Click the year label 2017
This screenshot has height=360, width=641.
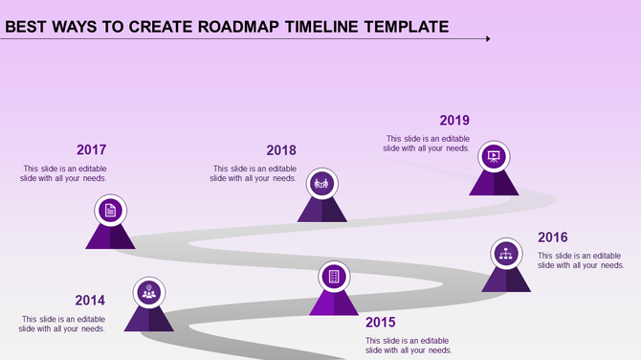(x=91, y=149)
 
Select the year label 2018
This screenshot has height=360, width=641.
(x=281, y=150)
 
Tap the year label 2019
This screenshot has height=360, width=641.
(x=454, y=121)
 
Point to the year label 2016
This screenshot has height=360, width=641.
(x=552, y=237)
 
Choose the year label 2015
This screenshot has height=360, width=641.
(x=380, y=322)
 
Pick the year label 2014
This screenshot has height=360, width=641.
(x=90, y=300)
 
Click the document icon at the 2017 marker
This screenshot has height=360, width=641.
(x=110, y=210)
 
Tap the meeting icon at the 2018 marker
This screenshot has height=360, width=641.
(x=320, y=182)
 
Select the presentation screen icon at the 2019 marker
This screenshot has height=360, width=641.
(x=494, y=155)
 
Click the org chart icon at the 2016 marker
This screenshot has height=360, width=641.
(x=506, y=254)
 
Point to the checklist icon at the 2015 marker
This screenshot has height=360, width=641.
(x=334, y=276)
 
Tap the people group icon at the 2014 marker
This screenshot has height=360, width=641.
(x=148, y=292)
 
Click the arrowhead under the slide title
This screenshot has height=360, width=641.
(x=487, y=39)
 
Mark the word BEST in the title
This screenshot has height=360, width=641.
(x=29, y=26)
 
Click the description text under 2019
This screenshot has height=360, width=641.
(x=426, y=144)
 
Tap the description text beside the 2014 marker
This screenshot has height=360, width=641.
(x=63, y=324)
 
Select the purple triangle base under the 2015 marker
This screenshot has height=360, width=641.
(x=334, y=304)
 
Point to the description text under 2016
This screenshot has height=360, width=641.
(x=581, y=260)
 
